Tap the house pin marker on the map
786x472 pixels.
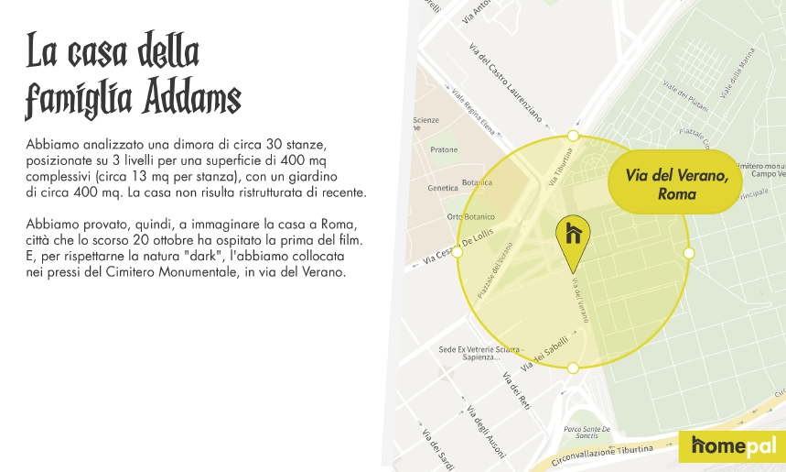tap(573, 236)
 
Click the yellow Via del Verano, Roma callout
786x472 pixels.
tap(676, 184)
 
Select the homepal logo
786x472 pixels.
tap(733, 446)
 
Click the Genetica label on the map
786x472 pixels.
tap(444, 187)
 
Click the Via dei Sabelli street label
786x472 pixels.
tap(544, 353)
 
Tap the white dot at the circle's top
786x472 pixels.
tap(573, 136)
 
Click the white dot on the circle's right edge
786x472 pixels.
tap(689, 252)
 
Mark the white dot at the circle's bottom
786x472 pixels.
tap(573, 368)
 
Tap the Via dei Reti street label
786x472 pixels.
tap(517, 390)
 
